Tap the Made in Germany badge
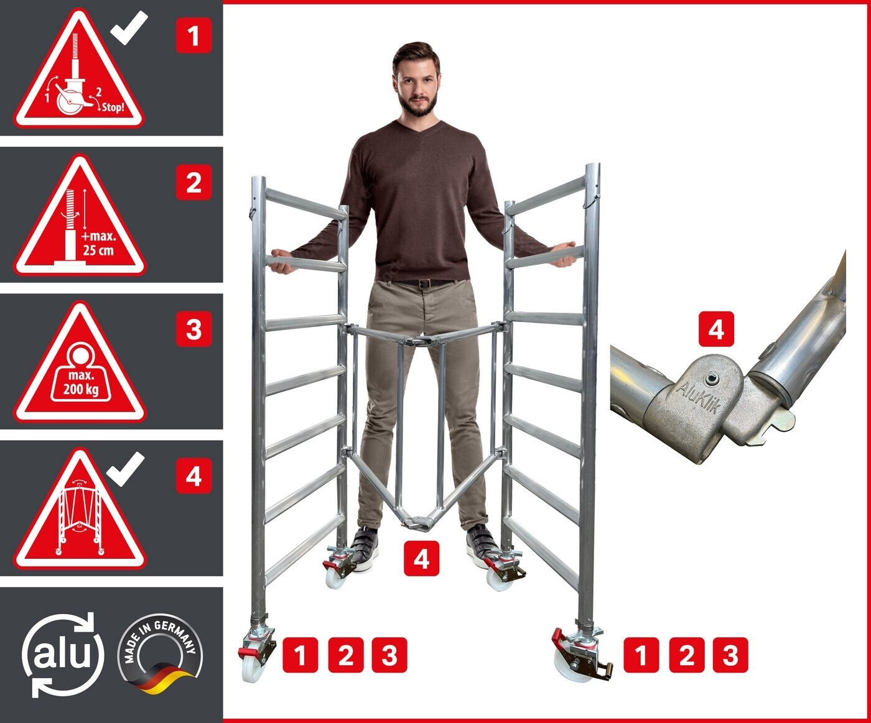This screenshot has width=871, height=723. coord(161,654)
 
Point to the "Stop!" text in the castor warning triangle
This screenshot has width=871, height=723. coord(113,107)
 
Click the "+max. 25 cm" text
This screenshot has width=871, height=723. coord(98,244)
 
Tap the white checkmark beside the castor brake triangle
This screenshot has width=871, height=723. coord(129,27)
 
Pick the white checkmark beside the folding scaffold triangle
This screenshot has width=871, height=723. coord(126,469)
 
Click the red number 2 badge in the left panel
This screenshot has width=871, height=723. coord(193,183)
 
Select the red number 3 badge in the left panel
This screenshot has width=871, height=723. coord(193,329)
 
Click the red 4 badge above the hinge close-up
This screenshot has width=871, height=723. coord(716,329)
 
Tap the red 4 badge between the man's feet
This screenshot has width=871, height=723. coord(421,559)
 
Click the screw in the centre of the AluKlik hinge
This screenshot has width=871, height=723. coord(710,379)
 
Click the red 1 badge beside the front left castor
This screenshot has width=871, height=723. coord(300,655)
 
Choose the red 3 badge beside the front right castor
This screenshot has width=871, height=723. coord(730,655)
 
